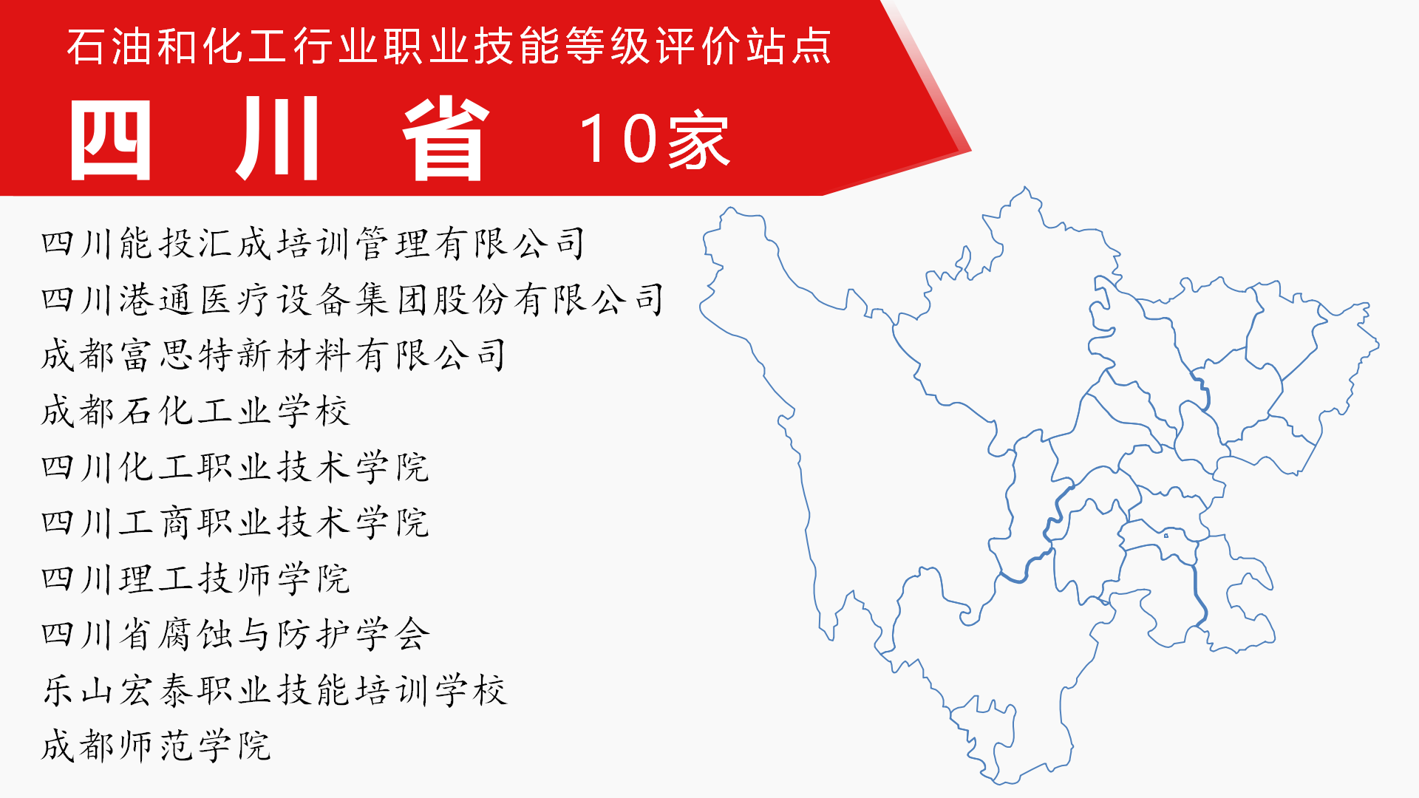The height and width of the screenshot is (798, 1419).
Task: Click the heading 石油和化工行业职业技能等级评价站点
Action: (x=449, y=46)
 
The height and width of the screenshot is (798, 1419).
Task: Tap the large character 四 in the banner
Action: (x=111, y=139)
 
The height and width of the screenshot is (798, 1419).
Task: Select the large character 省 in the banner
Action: (x=446, y=139)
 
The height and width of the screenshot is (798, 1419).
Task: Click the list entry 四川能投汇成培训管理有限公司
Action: (x=313, y=244)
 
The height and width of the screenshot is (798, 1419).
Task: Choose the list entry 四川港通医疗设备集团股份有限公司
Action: (x=353, y=300)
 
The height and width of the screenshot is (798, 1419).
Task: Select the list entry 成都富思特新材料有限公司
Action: (x=274, y=355)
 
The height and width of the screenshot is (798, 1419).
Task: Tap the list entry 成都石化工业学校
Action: (x=195, y=411)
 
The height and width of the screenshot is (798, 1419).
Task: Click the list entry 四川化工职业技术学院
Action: (x=235, y=467)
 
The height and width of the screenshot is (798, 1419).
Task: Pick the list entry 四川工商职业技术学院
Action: (x=235, y=523)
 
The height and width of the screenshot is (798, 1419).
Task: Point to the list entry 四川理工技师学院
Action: (x=195, y=579)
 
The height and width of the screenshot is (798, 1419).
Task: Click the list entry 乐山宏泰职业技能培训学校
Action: (x=274, y=690)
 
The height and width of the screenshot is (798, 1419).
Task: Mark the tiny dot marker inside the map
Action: (x=1166, y=536)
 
